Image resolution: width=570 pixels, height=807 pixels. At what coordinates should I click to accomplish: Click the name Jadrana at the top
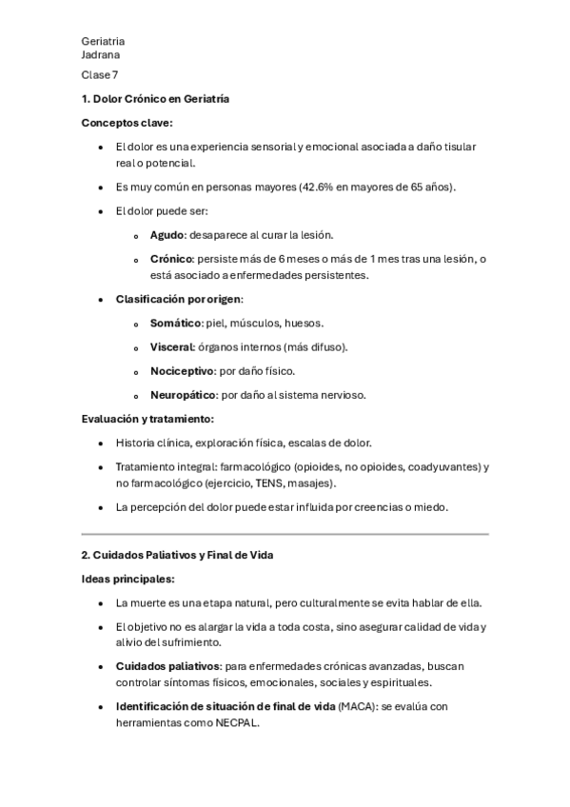[101, 55]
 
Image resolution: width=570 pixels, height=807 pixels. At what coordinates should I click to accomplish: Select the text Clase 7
[100, 75]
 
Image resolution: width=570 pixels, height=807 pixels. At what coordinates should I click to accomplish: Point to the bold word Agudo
[167, 234]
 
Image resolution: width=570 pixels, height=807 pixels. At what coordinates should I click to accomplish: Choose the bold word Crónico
[171, 259]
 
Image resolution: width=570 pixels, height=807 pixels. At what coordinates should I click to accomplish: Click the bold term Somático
[176, 324]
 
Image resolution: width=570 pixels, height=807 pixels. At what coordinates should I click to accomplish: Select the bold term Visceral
[172, 347]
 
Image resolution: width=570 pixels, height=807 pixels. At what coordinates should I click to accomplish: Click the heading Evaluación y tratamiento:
[147, 419]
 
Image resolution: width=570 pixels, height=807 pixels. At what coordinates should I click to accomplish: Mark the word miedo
[428, 507]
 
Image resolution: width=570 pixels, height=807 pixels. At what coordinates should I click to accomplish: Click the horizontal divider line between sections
[285, 534]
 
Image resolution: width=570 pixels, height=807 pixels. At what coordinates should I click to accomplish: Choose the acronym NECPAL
[235, 723]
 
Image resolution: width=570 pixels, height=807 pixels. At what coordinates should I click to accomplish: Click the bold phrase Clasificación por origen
[178, 299]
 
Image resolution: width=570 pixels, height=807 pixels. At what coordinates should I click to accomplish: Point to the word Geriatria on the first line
[103, 42]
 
